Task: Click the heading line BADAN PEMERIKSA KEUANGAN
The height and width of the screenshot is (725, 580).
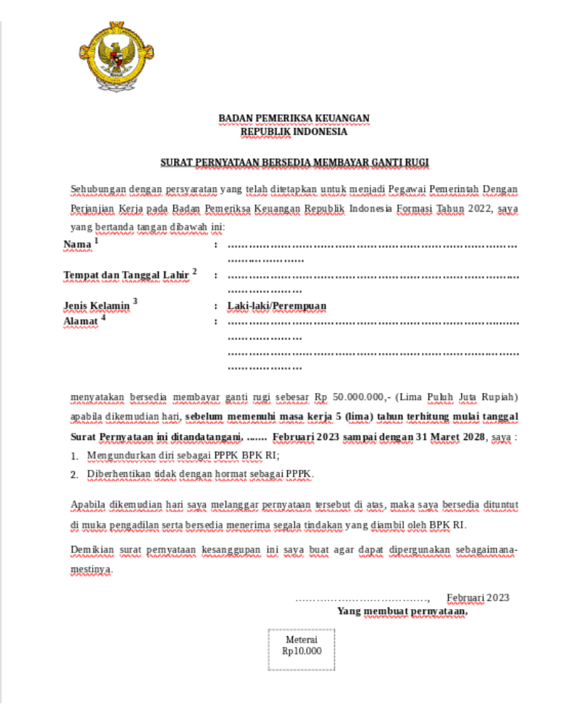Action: pos(294,118)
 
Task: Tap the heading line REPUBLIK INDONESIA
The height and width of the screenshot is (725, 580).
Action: pos(294,132)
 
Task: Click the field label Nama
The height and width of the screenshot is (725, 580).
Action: pos(78,245)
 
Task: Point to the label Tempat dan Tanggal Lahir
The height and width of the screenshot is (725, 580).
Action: pos(126,275)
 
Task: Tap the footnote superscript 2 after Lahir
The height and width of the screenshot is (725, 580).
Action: pos(194,271)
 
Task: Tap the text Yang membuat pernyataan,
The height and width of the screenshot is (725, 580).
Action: pos(402,611)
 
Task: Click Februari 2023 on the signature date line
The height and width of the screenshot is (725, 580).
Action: pos(478,598)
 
